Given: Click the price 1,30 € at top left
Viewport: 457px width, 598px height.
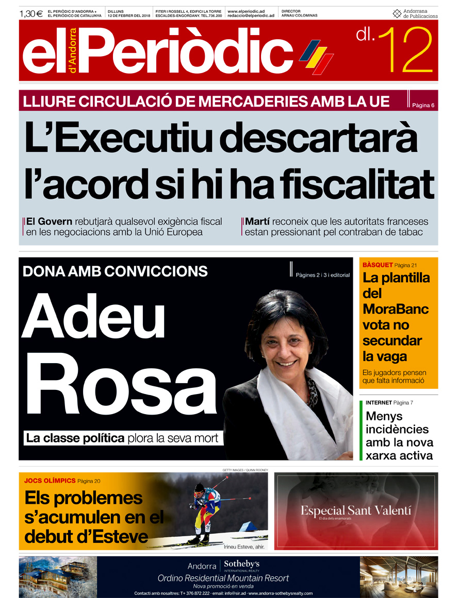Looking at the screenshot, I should click(x=31, y=13).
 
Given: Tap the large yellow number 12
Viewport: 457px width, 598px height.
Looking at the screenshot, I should click(x=405, y=50).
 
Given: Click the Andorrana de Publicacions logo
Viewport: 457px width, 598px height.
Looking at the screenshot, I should click(x=415, y=13).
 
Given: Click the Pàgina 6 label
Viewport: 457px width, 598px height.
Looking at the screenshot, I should click(x=423, y=105).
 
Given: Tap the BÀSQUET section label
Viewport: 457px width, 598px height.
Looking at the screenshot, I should click(x=378, y=265).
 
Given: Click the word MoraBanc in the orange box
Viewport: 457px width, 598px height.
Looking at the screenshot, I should click(x=395, y=309).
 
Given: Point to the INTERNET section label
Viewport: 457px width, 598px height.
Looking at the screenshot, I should click(x=379, y=402).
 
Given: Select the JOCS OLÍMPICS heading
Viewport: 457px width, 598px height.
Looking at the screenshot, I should click(x=50, y=481).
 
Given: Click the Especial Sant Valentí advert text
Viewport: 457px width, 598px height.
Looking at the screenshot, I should click(x=356, y=510).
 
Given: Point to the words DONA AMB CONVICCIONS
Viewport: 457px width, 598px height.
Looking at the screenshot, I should click(x=115, y=271).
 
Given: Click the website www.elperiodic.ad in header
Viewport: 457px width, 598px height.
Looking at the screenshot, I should click(x=246, y=10).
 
